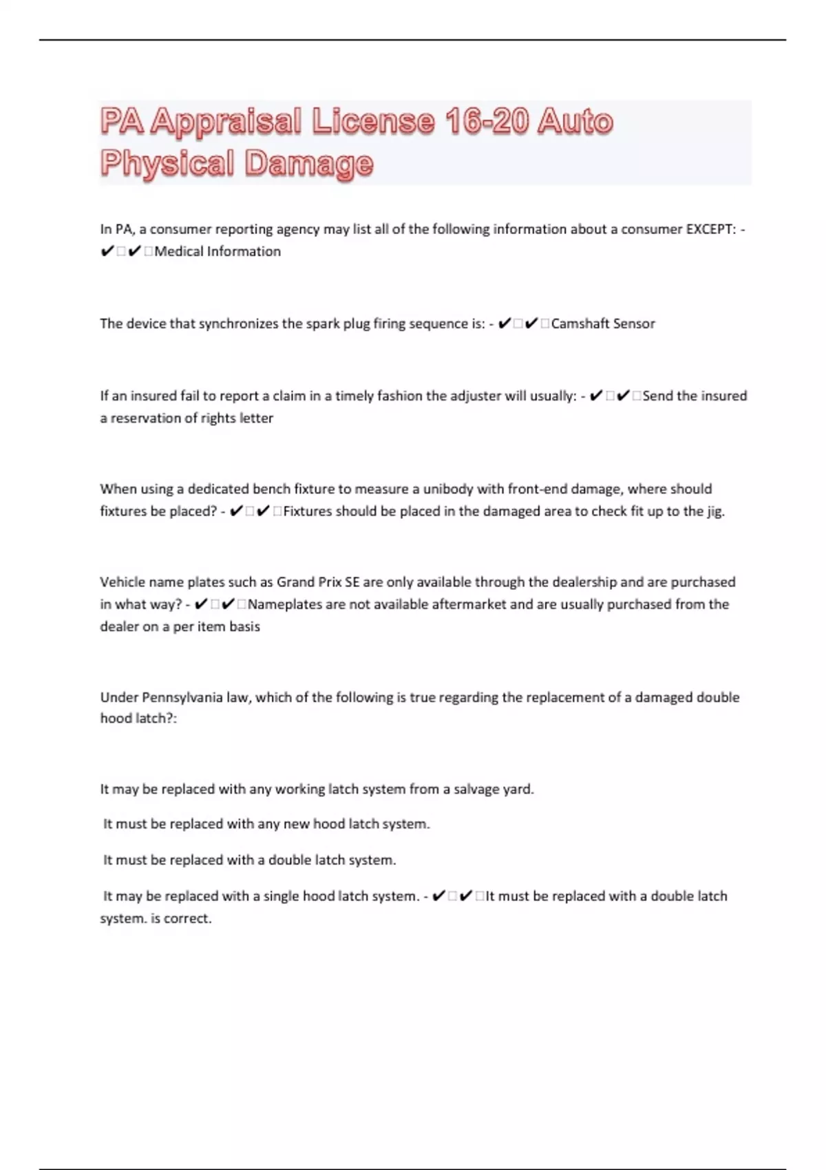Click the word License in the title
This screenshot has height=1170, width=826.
(373, 122)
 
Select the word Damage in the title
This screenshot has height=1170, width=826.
(309, 164)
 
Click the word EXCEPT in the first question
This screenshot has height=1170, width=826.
(710, 229)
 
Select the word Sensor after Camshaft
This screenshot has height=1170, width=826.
(634, 323)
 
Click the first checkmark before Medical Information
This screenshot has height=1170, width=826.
(107, 251)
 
